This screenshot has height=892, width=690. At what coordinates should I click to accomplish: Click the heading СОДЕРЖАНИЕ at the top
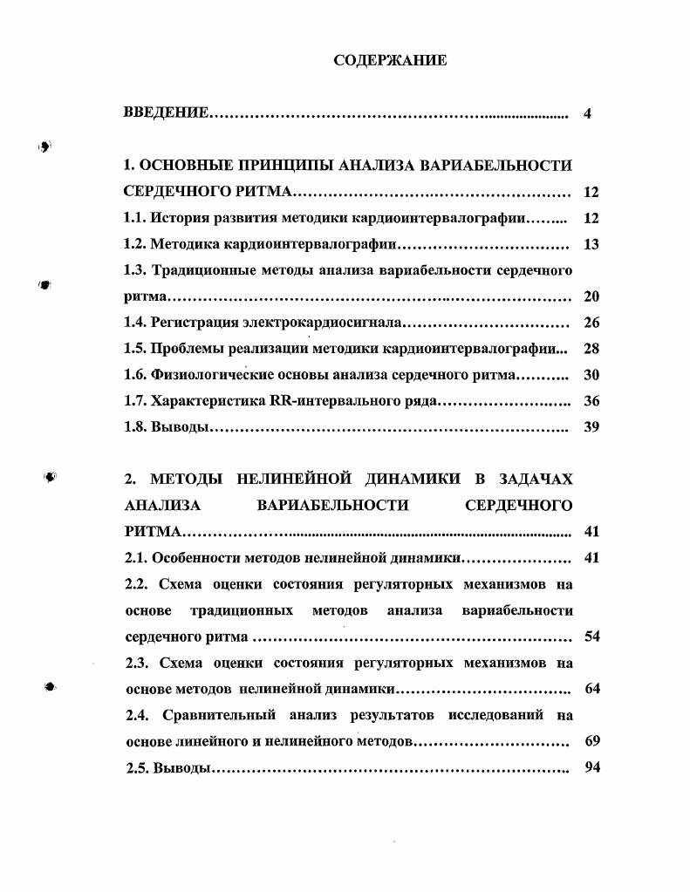click(390, 60)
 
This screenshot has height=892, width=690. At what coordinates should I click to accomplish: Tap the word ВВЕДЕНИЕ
click(166, 113)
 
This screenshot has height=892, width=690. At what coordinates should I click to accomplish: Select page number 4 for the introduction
click(588, 113)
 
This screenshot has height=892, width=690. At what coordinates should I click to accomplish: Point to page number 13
click(591, 244)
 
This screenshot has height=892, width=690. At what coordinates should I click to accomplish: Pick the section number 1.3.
click(135, 270)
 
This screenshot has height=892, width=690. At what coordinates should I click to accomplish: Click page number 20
click(591, 296)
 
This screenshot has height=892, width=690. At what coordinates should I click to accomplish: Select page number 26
click(591, 323)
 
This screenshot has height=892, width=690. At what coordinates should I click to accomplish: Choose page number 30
click(591, 375)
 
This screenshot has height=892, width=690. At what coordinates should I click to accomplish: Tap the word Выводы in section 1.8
click(180, 427)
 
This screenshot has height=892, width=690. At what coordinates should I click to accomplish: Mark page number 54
click(591, 636)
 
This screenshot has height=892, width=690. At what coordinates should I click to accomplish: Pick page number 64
click(591, 689)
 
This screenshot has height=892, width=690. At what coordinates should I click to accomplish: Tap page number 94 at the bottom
click(591, 767)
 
